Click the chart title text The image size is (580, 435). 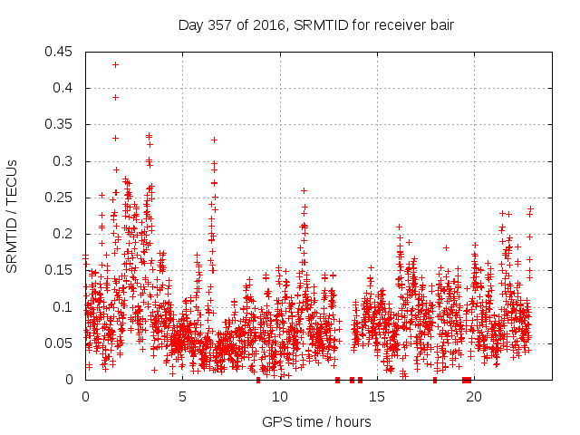(316, 24)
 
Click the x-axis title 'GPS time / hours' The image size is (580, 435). (316, 421)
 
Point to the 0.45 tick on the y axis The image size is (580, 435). (61, 52)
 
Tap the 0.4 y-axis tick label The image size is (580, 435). (64, 88)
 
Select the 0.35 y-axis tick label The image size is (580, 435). (61, 124)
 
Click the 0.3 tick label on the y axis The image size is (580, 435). (64, 161)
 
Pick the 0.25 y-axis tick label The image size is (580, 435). (61, 198)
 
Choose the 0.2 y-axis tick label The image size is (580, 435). (64, 234)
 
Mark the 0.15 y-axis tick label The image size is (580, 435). (61, 270)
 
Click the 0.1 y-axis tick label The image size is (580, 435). (64, 307)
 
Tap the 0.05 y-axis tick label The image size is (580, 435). (61, 343)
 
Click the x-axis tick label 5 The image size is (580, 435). (182, 397)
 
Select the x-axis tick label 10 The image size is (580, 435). (280, 397)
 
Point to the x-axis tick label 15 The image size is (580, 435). (377, 397)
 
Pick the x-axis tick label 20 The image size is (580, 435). (474, 397)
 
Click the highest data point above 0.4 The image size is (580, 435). (115, 64)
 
